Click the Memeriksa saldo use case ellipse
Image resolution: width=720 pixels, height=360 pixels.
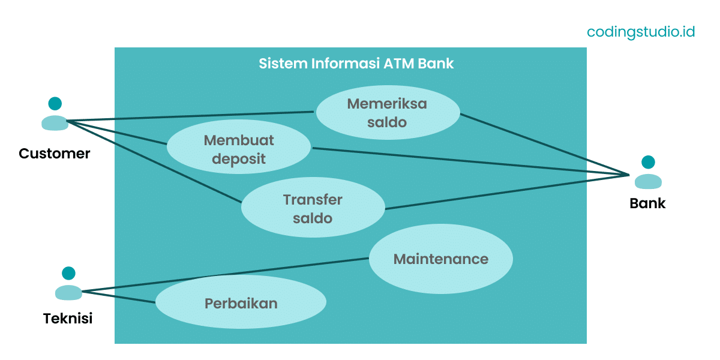pos(388,113)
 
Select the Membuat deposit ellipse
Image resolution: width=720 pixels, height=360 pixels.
pos(238,149)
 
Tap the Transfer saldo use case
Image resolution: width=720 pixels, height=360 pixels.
pos(313,208)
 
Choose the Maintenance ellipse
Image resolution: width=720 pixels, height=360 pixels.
pos(440,259)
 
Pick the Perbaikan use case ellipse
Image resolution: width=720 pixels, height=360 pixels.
pos(241,302)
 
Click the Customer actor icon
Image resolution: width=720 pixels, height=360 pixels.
pos(55,114)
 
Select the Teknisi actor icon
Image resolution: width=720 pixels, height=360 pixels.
pos(68,284)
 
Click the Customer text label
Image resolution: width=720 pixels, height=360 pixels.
pos(55,154)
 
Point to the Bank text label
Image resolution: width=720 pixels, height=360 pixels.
pos(647,203)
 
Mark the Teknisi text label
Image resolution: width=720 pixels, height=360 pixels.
pos(68,319)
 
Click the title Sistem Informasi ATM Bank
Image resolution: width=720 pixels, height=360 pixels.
pos(356,64)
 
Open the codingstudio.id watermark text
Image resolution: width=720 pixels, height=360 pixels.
pos(641,32)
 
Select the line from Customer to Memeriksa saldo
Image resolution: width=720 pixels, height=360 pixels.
pos(192,116)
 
